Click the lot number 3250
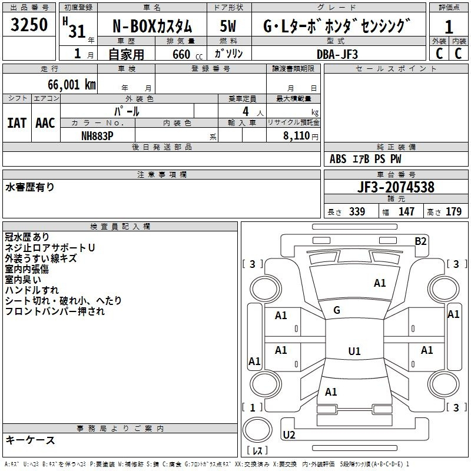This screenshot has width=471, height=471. point(29,25)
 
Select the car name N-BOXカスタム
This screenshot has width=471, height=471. point(152,26)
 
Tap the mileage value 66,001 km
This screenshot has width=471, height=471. point(72,85)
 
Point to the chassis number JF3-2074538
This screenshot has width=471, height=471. point(396,187)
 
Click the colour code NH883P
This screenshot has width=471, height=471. point(97,136)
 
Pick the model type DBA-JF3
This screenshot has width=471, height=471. point(337,54)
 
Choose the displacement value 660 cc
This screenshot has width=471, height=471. point(187,54)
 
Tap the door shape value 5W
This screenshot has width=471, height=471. point(228,26)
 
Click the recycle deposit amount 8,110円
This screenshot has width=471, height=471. point(301,136)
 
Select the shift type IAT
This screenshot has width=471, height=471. point(17,123)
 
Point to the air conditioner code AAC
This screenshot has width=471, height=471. point(45,123)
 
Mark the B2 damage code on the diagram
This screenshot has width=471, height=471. point(420,241)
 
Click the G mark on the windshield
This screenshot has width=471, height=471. point(337,310)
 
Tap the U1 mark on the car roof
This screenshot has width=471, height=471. point(354,351)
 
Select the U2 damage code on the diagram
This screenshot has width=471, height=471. point(289,434)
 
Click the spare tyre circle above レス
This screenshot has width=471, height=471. point(257,430)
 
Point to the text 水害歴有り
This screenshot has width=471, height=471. point(30,187)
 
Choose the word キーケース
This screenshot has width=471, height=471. point(31,440)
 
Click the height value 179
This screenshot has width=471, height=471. point(453,211)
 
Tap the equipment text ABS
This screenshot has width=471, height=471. point(338,159)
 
